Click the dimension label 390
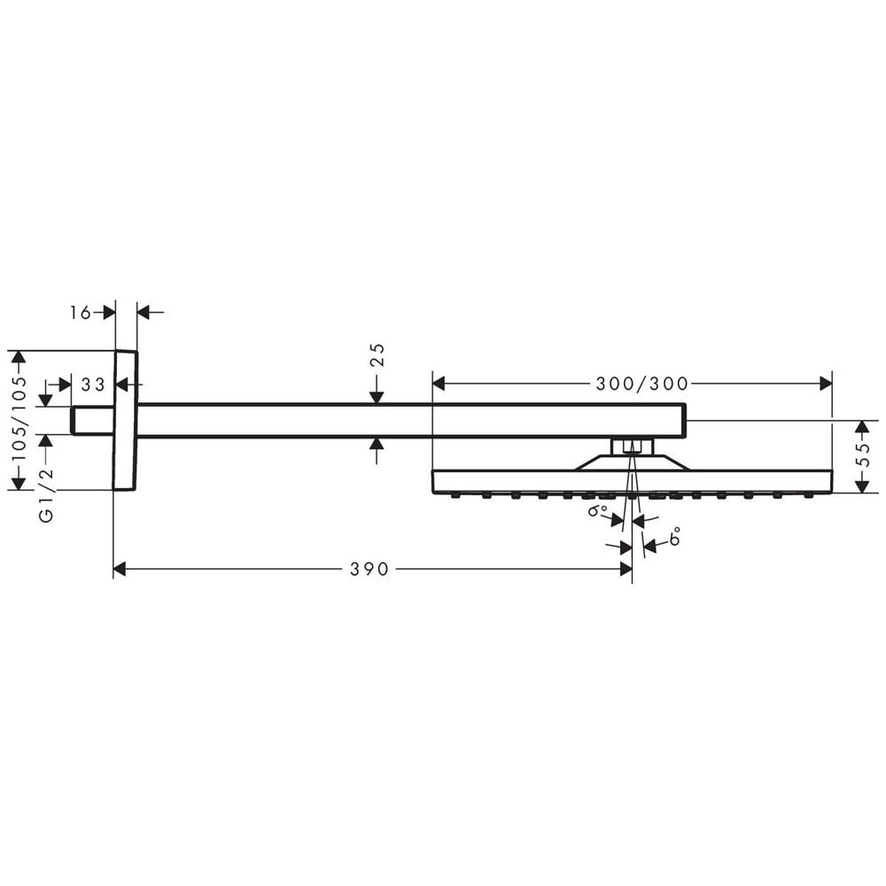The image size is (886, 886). (369, 569)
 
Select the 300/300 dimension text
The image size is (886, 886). (642, 385)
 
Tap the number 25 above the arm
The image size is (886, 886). (377, 355)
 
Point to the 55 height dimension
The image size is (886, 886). (863, 453)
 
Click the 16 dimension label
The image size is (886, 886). (81, 312)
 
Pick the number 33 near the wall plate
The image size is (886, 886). (93, 385)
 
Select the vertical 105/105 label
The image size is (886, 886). (19, 419)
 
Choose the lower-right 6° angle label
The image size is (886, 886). (673, 536)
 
